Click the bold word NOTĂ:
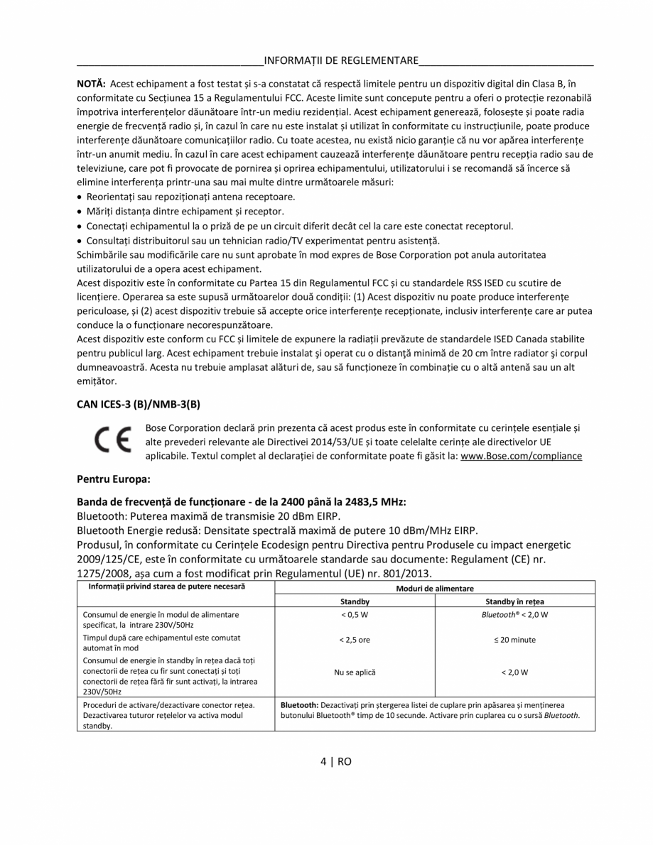(91, 84)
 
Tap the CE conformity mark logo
(109, 441)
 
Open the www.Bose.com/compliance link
(521, 456)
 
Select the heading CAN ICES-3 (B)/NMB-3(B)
(139, 405)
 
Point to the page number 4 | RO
(335, 761)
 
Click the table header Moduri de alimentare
(434, 588)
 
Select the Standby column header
(355, 601)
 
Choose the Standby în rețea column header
(514, 601)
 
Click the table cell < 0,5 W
(355, 614)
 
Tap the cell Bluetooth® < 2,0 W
(514, 614)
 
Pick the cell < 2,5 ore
(355, 640)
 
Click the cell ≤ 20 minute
(514, 640)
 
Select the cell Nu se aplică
(355, 672)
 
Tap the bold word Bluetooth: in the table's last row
(299, 705)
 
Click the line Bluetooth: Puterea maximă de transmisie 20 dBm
(208, 516)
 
